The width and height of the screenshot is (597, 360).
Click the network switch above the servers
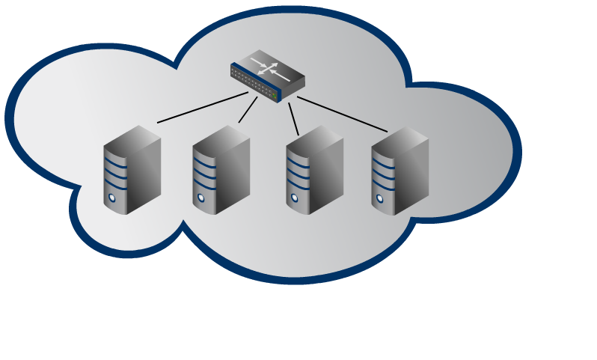(x=267, y=76)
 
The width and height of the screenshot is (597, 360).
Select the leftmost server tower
(x=132, y=171)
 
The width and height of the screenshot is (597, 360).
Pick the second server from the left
(x=221, y=171)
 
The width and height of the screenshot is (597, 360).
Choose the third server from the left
(x=313, y=171)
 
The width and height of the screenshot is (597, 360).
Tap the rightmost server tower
(x=399, y=171)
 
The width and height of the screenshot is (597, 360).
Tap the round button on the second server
(x=200, y=199)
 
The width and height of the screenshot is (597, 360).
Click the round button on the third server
(x=294, y=198)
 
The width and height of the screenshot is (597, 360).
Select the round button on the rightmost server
(x=380, y=199)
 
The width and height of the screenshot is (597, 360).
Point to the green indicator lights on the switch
(x=275, y=97)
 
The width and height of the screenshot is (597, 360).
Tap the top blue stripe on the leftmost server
(x=114, y=159)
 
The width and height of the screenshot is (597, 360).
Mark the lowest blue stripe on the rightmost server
(x=383, y=186)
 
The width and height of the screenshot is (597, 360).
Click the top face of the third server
(x=314, y=135)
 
